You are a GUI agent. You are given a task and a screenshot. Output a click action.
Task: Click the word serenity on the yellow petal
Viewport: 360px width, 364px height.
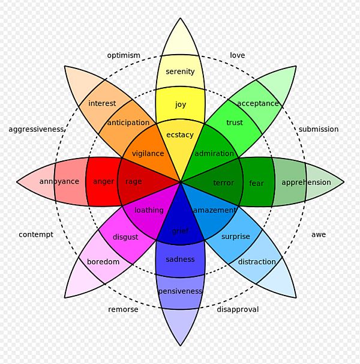click(180, 71)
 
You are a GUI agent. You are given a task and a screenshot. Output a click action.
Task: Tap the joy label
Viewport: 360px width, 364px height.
click(180, 105)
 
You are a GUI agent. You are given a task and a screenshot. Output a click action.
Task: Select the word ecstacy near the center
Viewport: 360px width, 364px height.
click(180, 135)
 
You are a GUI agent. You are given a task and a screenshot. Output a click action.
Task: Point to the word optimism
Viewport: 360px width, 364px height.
click(124, 55)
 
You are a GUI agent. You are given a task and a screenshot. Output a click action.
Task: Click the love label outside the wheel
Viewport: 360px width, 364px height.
click(238, 55)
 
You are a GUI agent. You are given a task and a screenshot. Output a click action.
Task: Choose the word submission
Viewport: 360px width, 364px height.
click(319, 129)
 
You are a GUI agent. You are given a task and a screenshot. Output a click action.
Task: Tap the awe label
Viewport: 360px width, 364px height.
click(319, 234)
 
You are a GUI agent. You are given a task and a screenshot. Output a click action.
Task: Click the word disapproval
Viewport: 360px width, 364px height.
click(238, 309)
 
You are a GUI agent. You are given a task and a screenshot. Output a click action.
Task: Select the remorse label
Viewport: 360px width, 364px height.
click(123, 309)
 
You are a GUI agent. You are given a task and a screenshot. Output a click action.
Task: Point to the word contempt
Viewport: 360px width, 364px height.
click(36, 234)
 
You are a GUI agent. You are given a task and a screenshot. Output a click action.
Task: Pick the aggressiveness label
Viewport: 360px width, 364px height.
click(36, 129)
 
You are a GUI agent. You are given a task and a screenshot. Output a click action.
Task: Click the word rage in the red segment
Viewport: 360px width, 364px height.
click(133, 181)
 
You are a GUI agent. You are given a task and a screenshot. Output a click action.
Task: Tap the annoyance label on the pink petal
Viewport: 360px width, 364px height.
click(59, 181)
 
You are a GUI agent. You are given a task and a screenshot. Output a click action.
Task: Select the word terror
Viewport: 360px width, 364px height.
click(224, 183)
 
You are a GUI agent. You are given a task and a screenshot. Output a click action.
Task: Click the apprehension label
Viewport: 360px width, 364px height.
click(306, 183)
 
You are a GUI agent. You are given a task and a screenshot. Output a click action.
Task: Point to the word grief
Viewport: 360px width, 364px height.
click(180, 231)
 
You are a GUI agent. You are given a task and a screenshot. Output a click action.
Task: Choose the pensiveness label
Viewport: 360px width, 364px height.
click(180, 291)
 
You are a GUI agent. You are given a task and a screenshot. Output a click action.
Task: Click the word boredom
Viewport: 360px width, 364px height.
click(103, 262)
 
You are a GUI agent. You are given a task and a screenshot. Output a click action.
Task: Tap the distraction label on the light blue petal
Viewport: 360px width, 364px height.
click(257, 262)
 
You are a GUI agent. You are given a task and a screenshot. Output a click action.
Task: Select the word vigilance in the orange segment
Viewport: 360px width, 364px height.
click(148, 153)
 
